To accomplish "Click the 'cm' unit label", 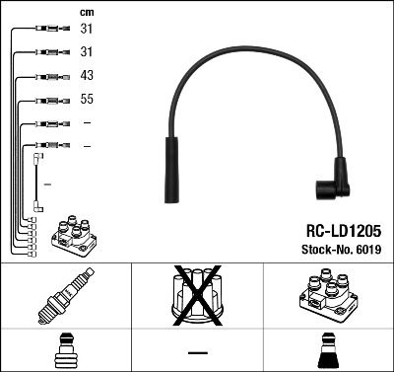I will click(x=86, y=12).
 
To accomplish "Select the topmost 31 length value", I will click(x=87, y=30).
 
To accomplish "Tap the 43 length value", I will click(x=87, y=77).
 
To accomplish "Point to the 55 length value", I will click(x=87, y=100).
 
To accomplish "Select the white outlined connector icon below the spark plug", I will click(x=65, y=349).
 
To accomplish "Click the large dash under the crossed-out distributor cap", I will click(x=197, y=351).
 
